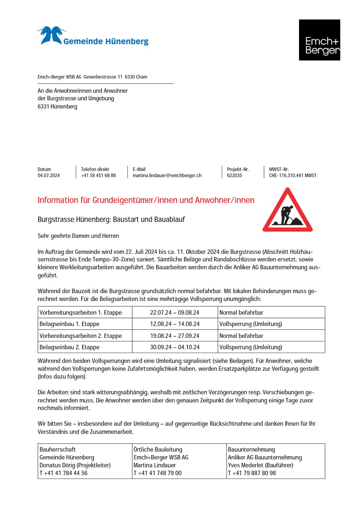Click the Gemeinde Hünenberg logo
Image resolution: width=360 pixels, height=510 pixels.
pyautogui.click(x=93, y=37)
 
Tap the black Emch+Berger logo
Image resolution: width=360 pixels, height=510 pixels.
pyautogui.click(x=319, y=40)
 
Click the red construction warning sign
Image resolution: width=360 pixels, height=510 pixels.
pyautogui.click(x=288, y=210)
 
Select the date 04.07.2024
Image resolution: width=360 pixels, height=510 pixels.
pyautogui.click(x=49, y=175)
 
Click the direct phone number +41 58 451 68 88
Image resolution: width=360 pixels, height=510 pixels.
pyautogui.click(x=98, y=175)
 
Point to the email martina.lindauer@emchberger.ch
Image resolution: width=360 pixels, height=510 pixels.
pyautogui.click(x=167, y=175)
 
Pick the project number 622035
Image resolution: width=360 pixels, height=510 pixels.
pyautogui.click(x=235, y=175)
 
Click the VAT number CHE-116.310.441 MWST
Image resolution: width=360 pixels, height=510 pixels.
pyautogui.click(x=293, y=175)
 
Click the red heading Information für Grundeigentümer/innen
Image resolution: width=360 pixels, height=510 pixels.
pyautogui.click(x=146, y=200)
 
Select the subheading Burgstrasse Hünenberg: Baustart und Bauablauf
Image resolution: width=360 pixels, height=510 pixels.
pyautogui.click(x=111, y=220)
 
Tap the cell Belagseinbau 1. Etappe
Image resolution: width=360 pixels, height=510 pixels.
pyautogui.click(x=69, y=324)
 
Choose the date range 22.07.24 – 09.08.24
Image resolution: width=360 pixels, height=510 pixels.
pyautogui.click(x=175, y=312)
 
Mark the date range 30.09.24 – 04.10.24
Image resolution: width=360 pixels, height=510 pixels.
pyautogui.click(x=175, y=347)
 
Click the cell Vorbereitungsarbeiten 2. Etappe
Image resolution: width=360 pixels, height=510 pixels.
pyautogui.click(x=80, y=335)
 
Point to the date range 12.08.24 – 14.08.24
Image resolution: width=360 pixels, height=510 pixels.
pyautogui.click(x=175, y=324)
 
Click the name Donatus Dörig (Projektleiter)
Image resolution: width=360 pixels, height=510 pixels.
pyautogui.click(x=75, y=465)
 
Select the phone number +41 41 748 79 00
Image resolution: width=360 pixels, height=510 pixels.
pyautogui.click(x=157, y=473)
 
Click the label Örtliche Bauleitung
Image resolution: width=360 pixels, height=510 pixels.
pyautogui.click(x=158, y=449)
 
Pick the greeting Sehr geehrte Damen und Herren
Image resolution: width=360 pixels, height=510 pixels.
pyautogui.click(x=78, y=236)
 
